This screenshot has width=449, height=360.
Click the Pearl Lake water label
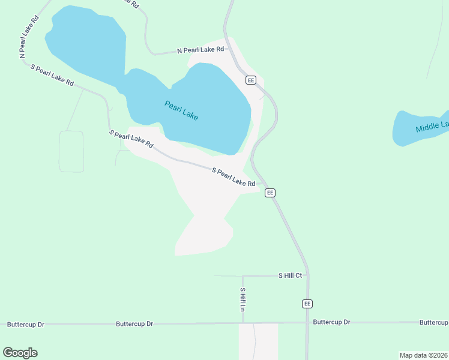tap(181, 110)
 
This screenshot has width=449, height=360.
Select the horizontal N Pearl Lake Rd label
tap(200, 50)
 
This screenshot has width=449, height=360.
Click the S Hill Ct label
tap(290, 275)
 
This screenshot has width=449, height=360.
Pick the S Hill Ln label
tap(243, 299)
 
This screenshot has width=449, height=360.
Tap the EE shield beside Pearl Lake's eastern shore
tap(251, 80)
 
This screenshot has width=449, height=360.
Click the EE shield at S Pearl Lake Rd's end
tap(270, 193)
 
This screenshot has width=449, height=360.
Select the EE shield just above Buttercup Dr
tap(307, 304)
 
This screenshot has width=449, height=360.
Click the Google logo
tap(20, 353)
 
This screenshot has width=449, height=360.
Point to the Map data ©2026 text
tap(423, 355)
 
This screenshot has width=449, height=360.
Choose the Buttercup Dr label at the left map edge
tap(25, 325)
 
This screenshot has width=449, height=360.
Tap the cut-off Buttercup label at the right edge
tap(433, 322)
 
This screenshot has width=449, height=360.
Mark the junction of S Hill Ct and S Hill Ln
tap(243, 277)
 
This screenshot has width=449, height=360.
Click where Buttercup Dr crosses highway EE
tap(307, 322)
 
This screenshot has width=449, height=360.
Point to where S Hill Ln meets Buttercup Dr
tap(243, 323)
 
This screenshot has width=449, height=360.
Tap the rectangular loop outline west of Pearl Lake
tap(71, 151)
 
